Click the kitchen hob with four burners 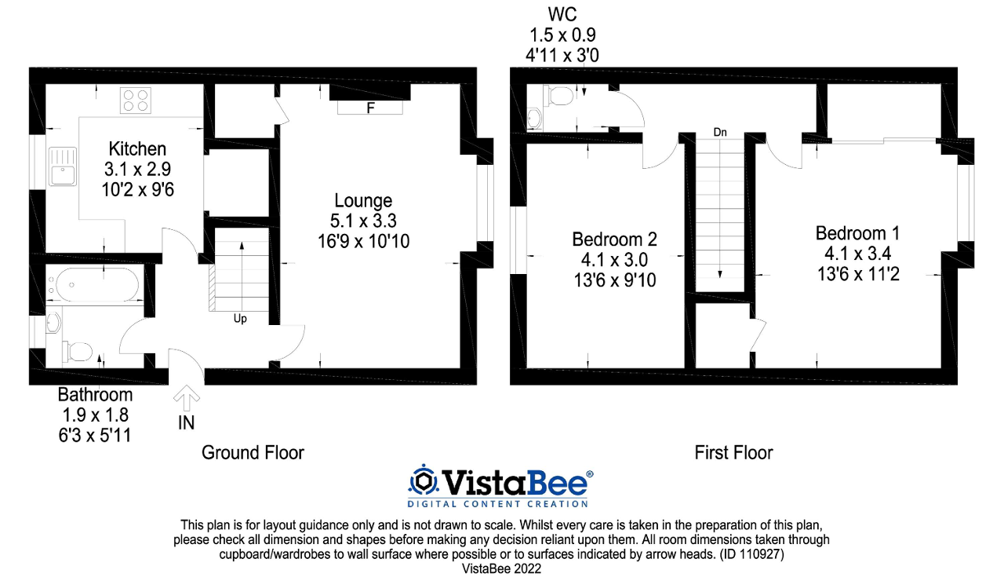136,100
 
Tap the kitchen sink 61,166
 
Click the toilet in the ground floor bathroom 78,350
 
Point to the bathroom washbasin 53,322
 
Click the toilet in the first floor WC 558,96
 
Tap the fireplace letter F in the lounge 370,108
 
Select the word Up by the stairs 240,319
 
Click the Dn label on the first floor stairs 720,133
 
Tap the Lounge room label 363,200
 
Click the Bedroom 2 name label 614,239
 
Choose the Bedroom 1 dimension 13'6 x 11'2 857,273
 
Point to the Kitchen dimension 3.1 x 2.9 137,168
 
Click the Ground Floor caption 253,452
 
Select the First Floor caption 733,452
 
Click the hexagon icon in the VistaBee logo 424,480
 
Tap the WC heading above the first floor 562,13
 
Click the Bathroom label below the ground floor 95,394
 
